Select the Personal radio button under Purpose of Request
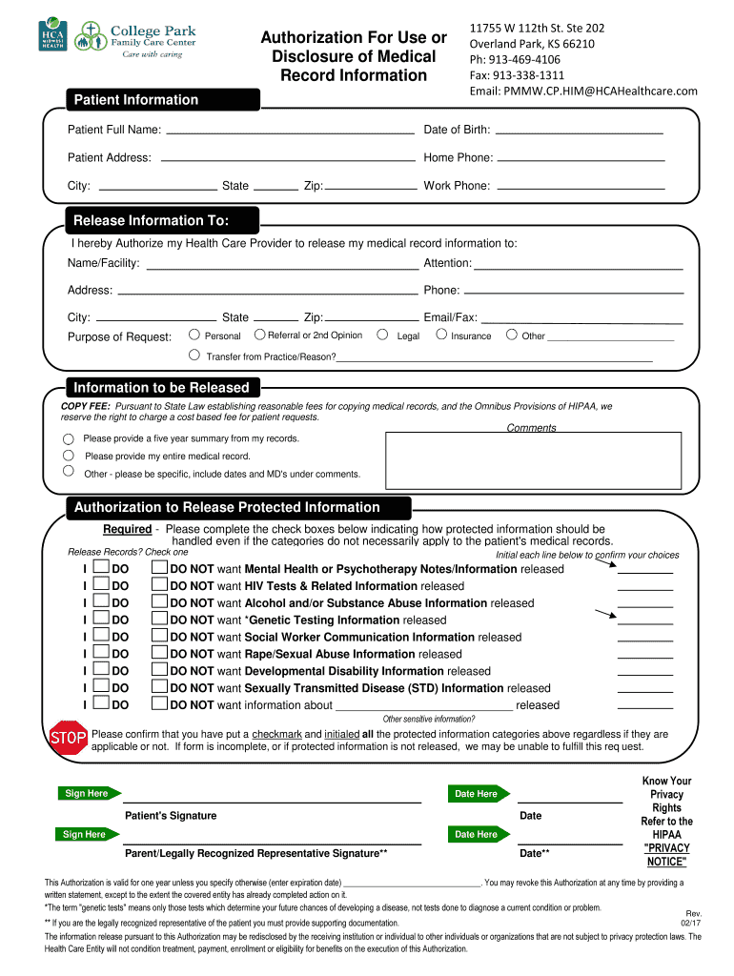tap(194, 335)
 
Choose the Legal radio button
tap(382, 335)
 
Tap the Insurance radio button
tap(440, 335)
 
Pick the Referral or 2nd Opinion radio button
tap(259, 335)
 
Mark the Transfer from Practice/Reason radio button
tap(194, 356)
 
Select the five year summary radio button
tap(68, 439)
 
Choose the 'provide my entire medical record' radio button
tap(68, 455)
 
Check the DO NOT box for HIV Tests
tap(159, 585)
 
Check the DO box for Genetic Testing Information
tap(102, 619)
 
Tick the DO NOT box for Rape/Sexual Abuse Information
tap(159, 653)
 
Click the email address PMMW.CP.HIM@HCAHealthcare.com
tap(583, 91)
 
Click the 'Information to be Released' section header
tap(161, 388)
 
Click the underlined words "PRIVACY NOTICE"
tap(666, 855)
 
